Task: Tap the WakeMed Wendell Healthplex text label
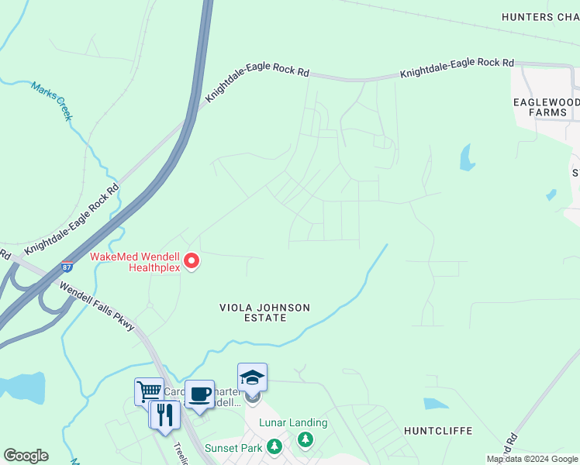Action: tap(135, 262)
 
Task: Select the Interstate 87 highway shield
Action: tap(68, 267)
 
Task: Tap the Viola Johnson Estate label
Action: tap(264, 312)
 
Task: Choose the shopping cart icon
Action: tap(148, 391)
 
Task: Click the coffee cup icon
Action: tap(199, 394)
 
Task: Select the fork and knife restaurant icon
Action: tap(164, 415)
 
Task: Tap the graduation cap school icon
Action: tap(252, 377)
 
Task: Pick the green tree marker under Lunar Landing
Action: tap(306, 440)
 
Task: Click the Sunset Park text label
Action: tap(233, 447)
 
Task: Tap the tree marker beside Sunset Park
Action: tap(274, 447)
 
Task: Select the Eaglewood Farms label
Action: tap(546, 107)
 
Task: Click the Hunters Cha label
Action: tap(540, 17)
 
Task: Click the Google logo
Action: tap(26, 456)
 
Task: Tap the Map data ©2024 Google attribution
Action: tap(532, 459)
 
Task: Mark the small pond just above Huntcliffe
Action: tap(436, 404)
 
